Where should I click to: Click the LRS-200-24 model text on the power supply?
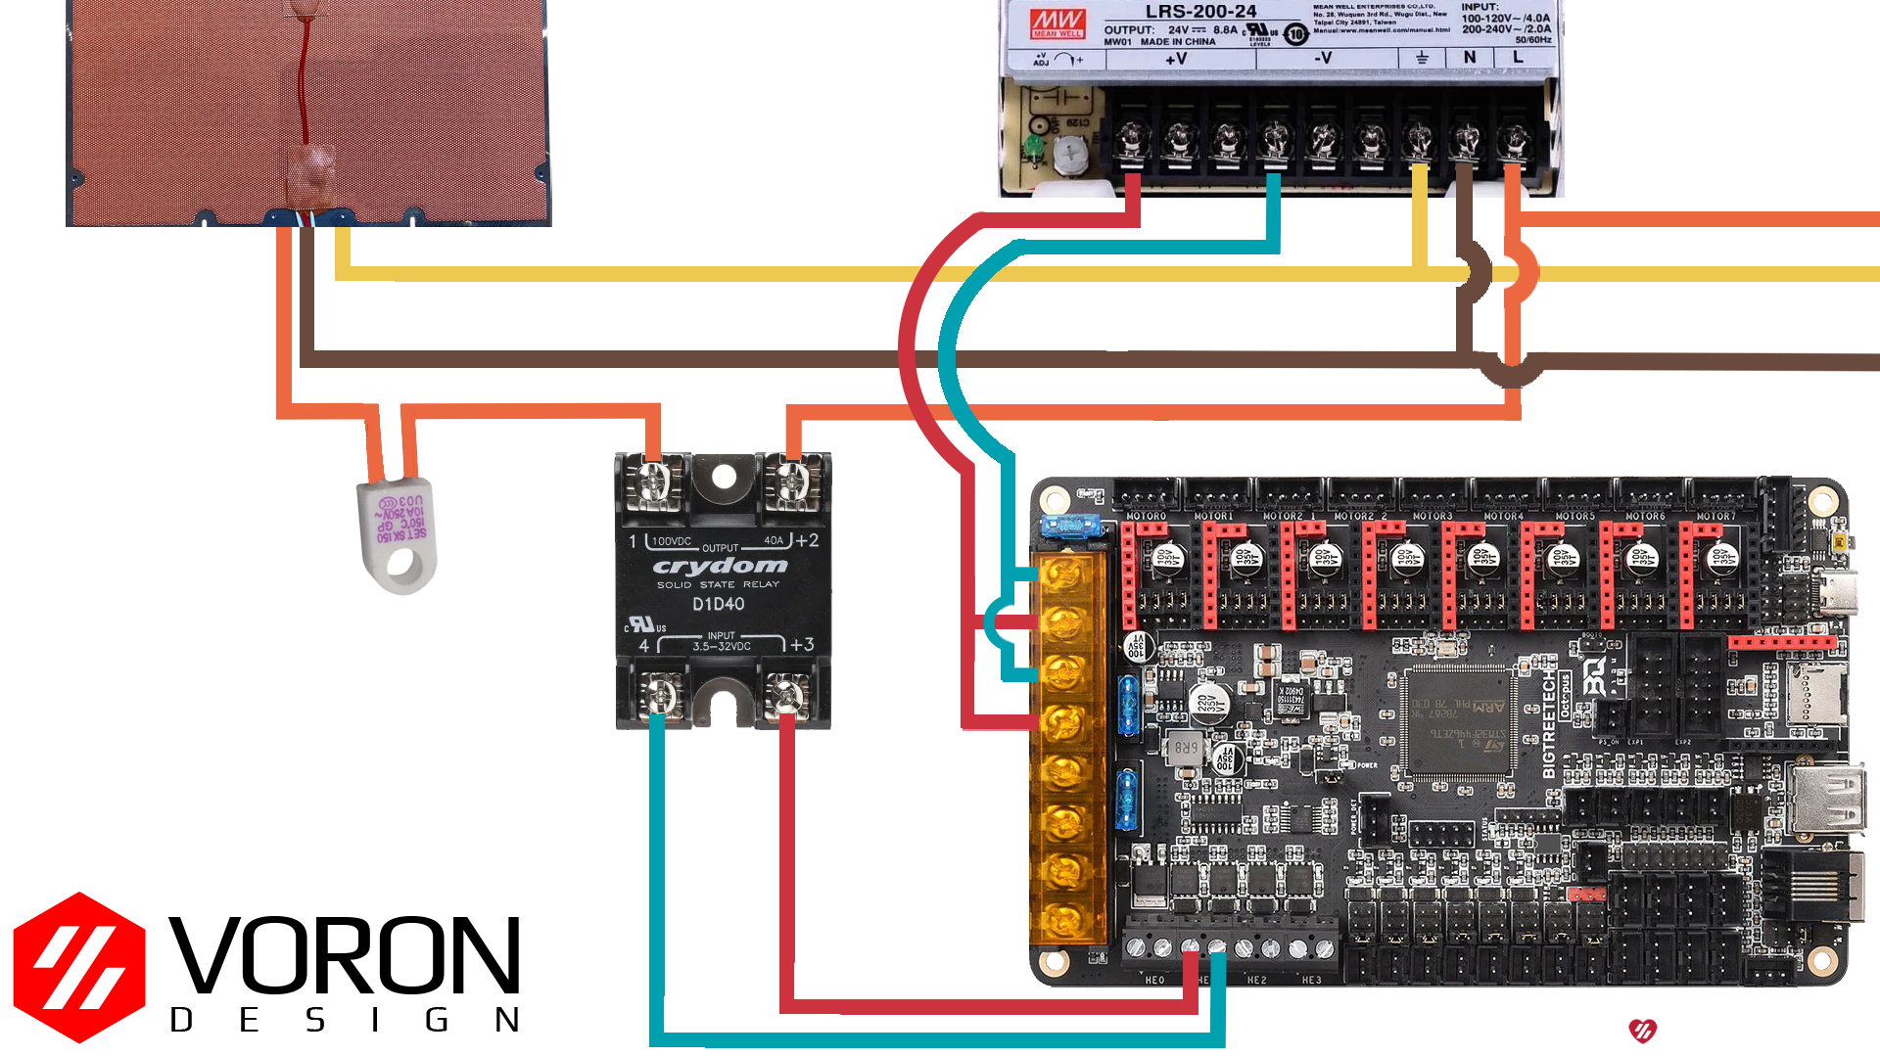point(1200,12)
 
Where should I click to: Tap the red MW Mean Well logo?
point(1057,23)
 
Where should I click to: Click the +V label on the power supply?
point(1176,59)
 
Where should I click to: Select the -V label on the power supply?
point(1323,59)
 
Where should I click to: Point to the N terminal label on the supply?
point(1470,58)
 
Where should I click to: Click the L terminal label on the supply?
point(1518,58)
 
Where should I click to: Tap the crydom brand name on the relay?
point(720,567)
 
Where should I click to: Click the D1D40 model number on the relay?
point(719,604)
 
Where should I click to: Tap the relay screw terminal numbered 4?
point(658,698)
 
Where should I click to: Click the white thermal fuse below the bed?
point(397,533)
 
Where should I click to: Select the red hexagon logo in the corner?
point(79,967)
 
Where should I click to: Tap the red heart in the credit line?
point(1642,1031)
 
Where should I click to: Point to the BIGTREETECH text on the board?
point(1549,724)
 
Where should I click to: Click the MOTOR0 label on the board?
point(1146,516)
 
